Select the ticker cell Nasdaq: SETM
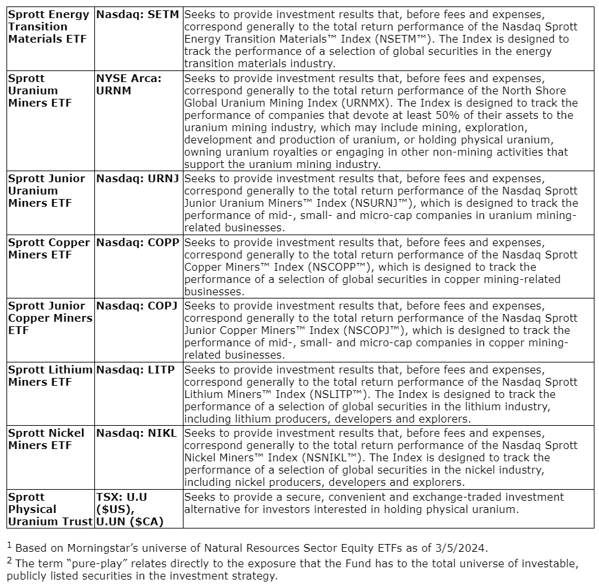tap(138, 14)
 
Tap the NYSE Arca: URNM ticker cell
tap(129, 84)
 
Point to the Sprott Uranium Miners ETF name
tap(40, 90)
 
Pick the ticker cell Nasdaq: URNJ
tap(137, 178)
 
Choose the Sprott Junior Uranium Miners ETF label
tap(47, 191)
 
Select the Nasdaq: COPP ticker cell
tap(138, 242)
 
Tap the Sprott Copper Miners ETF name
tap(49, 248)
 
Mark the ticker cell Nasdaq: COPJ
tap(137, 306)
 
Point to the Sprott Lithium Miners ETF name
tap(50, 375)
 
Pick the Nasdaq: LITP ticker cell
tap(137, 370)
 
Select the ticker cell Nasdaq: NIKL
tap(136, 433)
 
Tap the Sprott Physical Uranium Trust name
tap(50, 509)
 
